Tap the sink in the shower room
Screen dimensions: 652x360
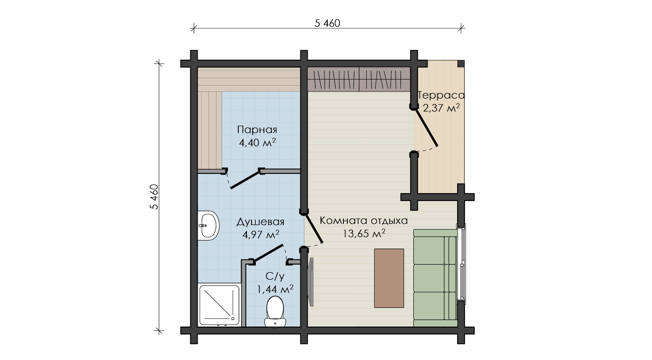tap(208, 225)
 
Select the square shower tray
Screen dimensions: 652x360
tap(219, 305)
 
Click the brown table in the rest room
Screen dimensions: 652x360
tap(389, 278)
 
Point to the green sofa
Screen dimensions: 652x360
tap(435, 278)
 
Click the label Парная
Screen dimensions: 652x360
tap(257, 130)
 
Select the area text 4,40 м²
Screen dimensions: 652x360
tap(257, 143)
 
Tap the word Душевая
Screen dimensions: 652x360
tap(260, 222)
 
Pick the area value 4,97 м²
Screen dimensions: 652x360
tap(261, 234)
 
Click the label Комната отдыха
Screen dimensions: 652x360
tap(364, 221)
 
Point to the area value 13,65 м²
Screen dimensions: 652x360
tap(364, 234)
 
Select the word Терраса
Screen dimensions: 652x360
tap(441, 95)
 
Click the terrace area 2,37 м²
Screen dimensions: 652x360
tap(441, 108)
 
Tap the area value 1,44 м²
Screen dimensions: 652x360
tap(275, 289)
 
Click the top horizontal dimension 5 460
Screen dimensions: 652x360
tap(327, 23)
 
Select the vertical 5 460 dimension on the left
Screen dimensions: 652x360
tap(154, 197)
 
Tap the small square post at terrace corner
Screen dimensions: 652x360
tap(461, 64)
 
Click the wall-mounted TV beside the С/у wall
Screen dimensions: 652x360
tap(311, 282)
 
